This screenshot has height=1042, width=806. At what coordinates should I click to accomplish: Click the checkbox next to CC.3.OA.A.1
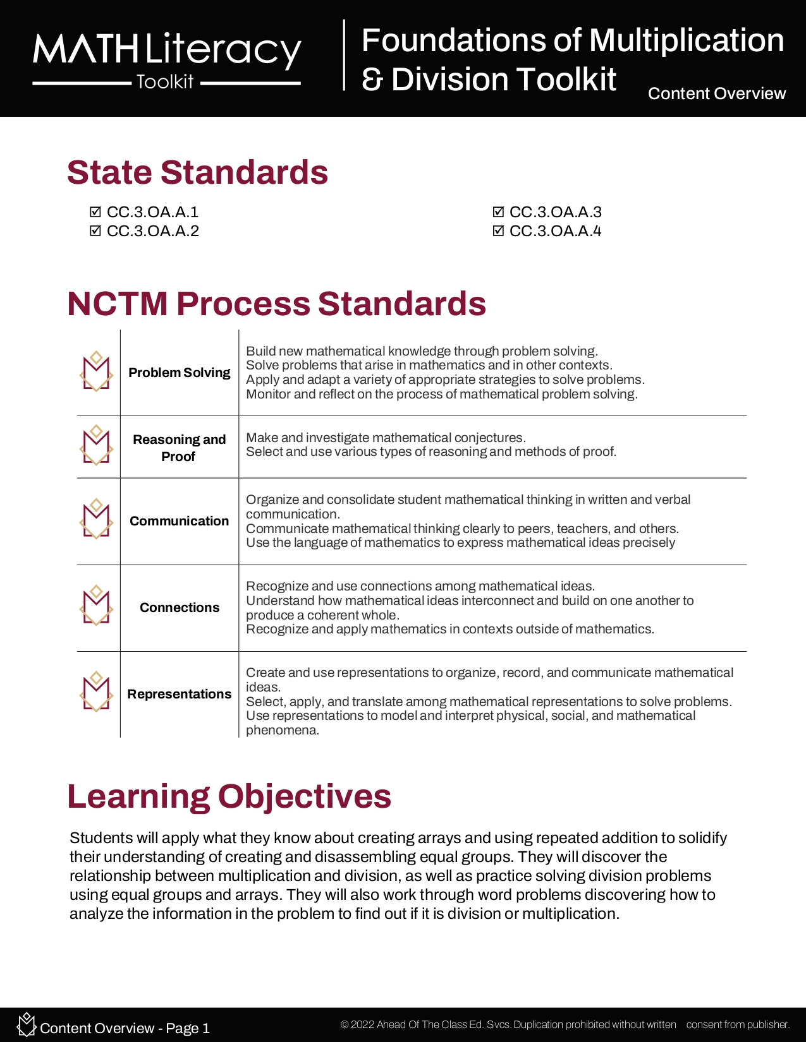point(95,212)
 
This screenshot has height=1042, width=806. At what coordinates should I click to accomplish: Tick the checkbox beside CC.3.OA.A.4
point(498,231)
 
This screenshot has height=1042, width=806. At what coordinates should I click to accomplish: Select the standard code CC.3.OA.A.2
point(153,231)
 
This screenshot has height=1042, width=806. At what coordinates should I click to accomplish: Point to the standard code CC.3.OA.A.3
point(555,212)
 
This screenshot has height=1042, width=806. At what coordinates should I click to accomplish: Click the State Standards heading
point(197,172)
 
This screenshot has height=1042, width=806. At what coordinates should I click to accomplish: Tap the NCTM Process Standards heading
point(276,304)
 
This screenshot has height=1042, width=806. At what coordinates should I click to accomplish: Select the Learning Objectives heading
point(229,796)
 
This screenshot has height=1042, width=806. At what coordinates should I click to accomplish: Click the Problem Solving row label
point(180,373)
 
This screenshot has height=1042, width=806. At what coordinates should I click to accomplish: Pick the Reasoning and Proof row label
point(180,448)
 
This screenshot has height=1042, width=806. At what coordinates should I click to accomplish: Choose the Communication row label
point(180,521)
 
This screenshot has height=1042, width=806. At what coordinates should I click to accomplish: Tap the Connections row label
point(180,608)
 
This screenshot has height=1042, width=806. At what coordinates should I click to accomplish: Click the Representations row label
point(180,694)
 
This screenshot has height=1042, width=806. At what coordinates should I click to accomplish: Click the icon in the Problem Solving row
point(96,372)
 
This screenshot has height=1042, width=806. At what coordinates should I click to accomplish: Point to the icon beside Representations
point(96,692)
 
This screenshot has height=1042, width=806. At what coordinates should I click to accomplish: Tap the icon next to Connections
point(96,606)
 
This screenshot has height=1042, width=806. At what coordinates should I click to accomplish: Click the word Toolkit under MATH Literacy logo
point(165,82)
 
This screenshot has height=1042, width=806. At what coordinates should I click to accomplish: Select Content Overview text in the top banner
point(716,93)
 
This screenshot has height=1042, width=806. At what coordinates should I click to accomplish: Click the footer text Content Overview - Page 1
point(125,1028)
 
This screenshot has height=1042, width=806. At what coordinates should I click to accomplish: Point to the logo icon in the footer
point(26,1024)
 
